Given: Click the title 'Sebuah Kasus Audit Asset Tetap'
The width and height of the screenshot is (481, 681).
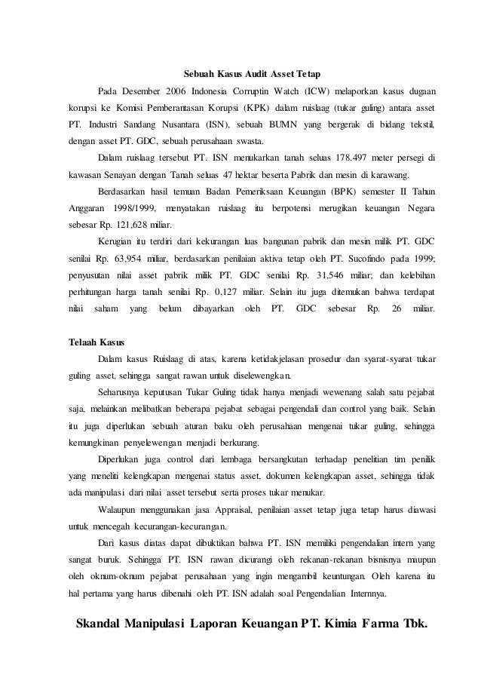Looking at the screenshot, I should click(x=252, y=75).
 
